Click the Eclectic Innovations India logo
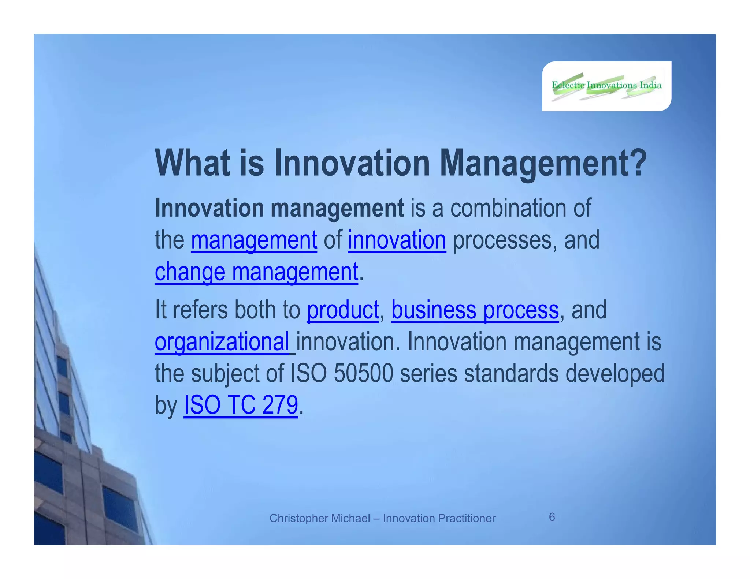[606, 86]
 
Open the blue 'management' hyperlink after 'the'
[254, 240]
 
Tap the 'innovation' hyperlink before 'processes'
[397, 240]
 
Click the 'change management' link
[256, 272]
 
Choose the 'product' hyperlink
[343, 310]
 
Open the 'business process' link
[475, 310]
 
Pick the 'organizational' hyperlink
[222, 342]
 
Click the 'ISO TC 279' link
[241, 405]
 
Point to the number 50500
[363, 374]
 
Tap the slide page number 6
[552, 517]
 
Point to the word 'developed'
[615, 374]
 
